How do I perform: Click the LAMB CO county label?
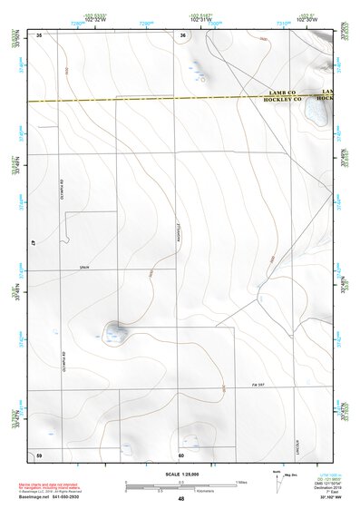click(284, 93)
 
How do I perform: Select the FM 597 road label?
click(258, 387)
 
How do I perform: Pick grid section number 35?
click(39, 34)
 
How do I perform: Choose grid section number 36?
click(182, 34)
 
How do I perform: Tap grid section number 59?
click(39, 455)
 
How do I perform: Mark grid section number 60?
click(181, 455)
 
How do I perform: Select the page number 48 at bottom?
click(181, 499)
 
